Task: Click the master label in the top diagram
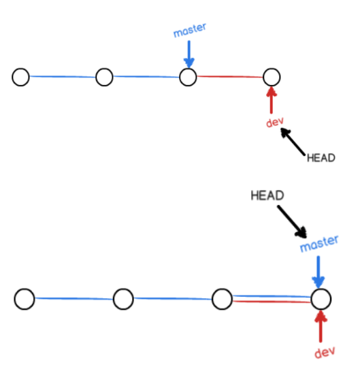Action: click(190, 30)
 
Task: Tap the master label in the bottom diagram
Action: click(319, 244)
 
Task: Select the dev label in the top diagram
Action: click(275, 122)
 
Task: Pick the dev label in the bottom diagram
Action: click(325, 352)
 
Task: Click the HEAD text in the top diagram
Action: click(321, 158)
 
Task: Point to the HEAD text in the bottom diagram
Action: click(267, 195)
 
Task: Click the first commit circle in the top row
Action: click(20, 69)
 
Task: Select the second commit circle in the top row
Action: click(104, 69)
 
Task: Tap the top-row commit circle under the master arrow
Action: click(188, 69)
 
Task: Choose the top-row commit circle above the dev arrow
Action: click(272, 69)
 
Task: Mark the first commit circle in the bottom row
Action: click(24, 289)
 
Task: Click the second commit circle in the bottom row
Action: click(123, 289)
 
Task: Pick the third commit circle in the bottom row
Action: click(222, 289)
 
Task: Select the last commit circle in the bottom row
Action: click(321, 289)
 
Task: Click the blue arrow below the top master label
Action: click(189, 54)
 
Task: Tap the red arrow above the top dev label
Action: click(272, 100)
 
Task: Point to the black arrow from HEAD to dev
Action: click(293, 142)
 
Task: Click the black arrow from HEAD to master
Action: click(292, 221)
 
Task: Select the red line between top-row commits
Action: click(230, 76)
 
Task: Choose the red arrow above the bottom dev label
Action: click(321, 326)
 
